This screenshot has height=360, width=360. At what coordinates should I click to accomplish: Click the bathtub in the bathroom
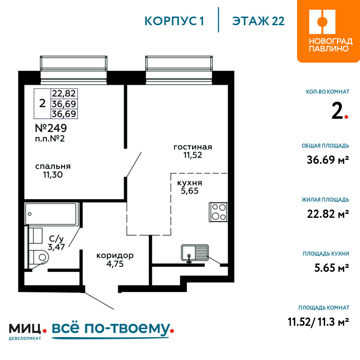[50, 214]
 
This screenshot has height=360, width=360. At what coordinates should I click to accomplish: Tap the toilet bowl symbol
[39, 257]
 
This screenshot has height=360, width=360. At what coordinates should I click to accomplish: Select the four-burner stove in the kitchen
[219, 212]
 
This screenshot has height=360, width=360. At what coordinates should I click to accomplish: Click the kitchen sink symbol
[195, 253]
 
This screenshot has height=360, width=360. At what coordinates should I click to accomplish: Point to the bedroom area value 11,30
[53, 175]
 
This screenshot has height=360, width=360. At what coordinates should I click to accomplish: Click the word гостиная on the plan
[193, 147]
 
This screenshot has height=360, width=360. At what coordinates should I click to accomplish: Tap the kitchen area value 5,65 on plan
[190, 191]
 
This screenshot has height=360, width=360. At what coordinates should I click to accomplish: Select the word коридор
[115, 256]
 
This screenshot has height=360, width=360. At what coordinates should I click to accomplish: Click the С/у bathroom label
[56, 239]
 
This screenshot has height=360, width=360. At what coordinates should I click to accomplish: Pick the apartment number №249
[51, 128]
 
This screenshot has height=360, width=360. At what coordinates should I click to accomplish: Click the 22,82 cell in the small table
[64, 94]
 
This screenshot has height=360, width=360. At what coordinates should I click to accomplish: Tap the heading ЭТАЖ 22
[258, 21]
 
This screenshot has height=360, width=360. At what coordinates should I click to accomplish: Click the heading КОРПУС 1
[174, 21]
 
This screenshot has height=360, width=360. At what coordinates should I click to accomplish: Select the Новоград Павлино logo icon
[322, 22]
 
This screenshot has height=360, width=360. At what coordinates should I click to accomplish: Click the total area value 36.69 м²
[328, 160]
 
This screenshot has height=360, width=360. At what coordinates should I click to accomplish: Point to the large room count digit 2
[337, 111]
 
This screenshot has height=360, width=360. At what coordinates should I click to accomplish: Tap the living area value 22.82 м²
[328, 214]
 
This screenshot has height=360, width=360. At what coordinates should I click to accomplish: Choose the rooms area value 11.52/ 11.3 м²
[319, 322]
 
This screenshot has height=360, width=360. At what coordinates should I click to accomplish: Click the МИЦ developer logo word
[25, 329]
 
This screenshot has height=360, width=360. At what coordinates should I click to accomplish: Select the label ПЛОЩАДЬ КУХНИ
[326, 254]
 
